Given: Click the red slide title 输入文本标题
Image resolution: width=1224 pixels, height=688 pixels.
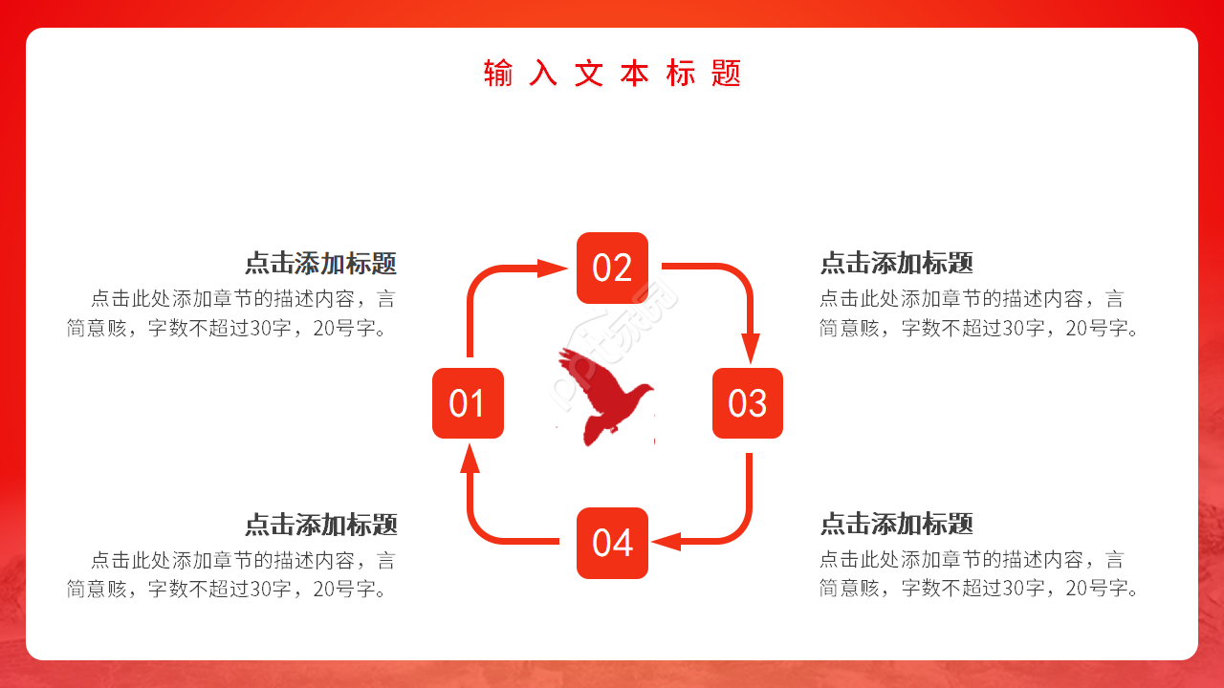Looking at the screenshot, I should point(612,74).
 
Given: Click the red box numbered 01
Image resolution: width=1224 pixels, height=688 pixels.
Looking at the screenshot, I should point(468,403).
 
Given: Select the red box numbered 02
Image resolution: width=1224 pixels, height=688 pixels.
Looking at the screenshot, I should point(612,268).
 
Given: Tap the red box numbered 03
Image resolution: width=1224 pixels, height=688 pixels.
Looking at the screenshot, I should point(747,403).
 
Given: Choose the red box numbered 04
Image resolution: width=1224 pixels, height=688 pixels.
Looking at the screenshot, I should point(612,543).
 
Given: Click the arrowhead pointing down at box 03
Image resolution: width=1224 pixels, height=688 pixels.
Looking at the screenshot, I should point(750,348).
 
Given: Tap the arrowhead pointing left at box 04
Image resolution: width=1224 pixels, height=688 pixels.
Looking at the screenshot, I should point(667,542).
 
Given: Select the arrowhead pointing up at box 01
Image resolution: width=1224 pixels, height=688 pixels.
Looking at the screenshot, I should point(469,460).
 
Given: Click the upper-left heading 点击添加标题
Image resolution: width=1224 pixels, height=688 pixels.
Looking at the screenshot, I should point(320,264).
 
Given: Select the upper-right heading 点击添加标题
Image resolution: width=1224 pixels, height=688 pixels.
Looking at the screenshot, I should point(896,264).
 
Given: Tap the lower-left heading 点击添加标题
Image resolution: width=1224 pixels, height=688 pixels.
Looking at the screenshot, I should point(320,525).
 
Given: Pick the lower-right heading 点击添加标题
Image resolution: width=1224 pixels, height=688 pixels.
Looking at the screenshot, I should point(896,525).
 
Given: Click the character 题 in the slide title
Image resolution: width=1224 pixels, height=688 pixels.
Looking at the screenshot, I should point(727,74).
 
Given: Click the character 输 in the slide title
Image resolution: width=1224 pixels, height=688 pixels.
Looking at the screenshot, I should point(498,74).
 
